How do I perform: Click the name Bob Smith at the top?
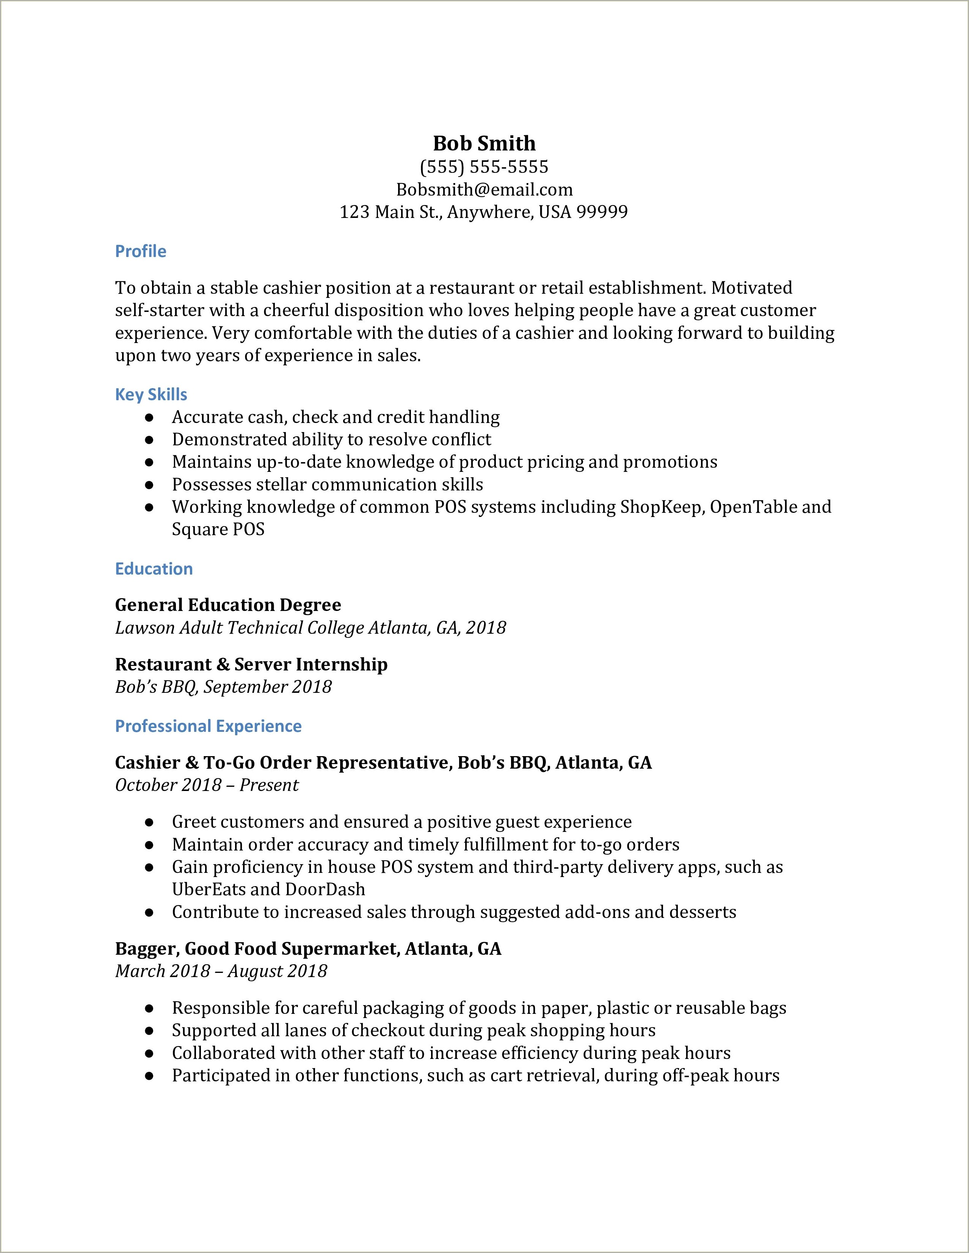coord(484,143)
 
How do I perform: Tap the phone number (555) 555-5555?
coord(484,167)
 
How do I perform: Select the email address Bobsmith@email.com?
coord(484,190)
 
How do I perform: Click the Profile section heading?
coord(141,251)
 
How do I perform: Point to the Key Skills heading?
coord(151,395)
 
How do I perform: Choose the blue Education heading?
coord(154,569)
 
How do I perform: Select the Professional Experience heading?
coord(208,726)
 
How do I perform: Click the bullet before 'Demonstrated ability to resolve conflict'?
coord(149,440)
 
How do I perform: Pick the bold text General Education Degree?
coord(228,605)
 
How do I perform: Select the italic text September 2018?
coord(267,687)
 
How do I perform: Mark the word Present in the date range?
coord(269,785)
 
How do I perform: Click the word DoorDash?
coord(325,890)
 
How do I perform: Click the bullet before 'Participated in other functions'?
coord(149,1076)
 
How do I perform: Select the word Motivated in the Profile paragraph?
coord(751,288)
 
